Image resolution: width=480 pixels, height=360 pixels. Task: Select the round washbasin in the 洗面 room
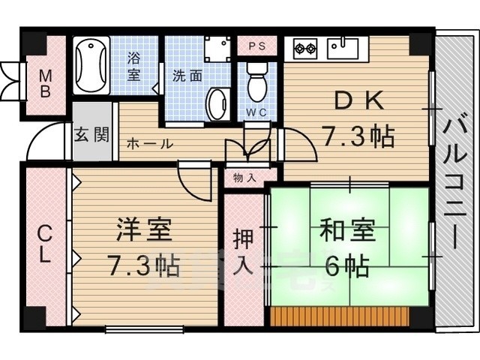[x=218, y=103]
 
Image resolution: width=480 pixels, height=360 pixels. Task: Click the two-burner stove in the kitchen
[x=304, y=47]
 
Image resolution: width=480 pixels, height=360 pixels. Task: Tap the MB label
[x=45, y=84]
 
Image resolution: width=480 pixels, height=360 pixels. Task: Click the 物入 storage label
[x=244, y=178]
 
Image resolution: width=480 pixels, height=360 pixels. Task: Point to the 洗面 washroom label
[x=187, y=75]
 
